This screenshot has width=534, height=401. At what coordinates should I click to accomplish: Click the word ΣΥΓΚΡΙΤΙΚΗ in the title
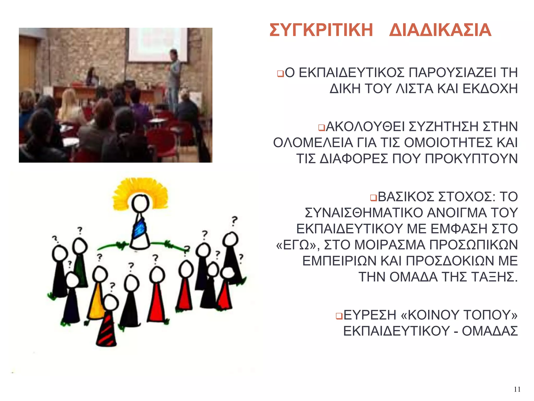pos(321,30)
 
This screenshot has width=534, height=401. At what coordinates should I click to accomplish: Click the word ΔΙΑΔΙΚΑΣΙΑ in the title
pos(440,30)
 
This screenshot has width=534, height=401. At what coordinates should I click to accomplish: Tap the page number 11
pos(517,389)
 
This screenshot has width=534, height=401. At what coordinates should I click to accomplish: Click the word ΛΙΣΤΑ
pos(414,89)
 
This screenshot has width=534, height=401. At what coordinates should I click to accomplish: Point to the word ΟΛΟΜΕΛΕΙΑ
pos(313,143)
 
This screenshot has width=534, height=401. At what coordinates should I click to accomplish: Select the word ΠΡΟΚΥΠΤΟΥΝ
pos(471,159)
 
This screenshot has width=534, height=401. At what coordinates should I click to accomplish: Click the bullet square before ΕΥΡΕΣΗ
pos(339,316)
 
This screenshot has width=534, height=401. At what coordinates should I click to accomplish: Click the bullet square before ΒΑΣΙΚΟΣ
pos(373,198)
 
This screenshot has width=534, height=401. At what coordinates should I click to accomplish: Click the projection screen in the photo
pos(157,44)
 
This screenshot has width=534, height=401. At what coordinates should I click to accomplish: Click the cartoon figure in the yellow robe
pos(96,298)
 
